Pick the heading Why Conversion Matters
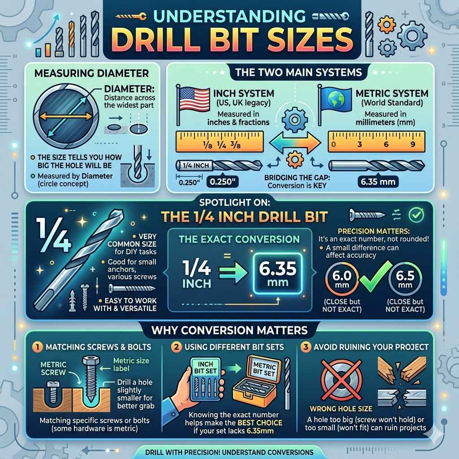(229, 330)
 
